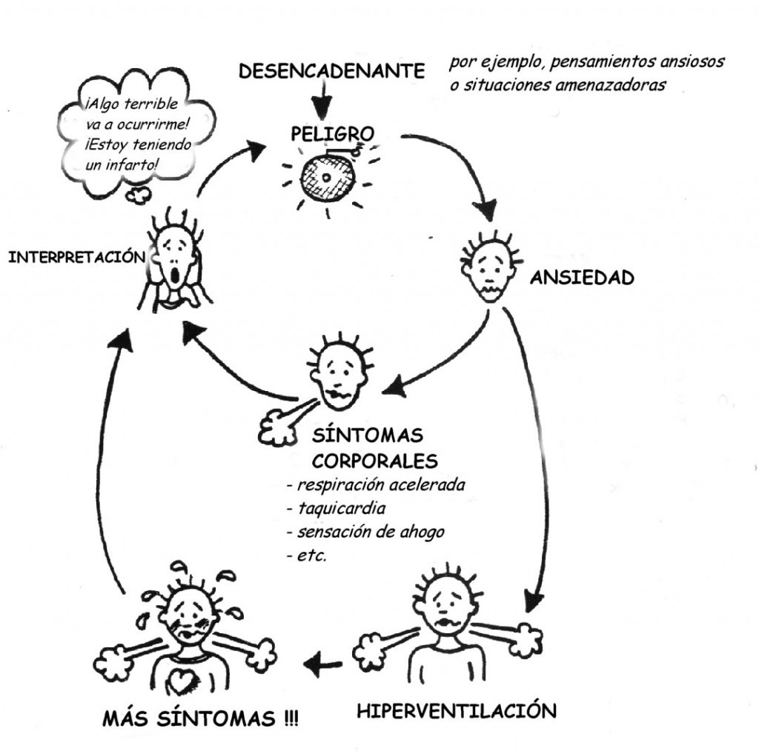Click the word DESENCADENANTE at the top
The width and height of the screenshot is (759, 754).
pos(332,71)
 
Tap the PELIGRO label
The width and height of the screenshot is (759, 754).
pos(331,135)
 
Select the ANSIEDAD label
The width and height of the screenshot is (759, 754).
pos(582,278)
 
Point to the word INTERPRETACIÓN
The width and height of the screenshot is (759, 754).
pos(74,257)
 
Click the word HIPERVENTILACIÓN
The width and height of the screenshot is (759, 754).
pos(456,711)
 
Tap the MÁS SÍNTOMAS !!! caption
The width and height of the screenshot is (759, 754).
pos(200,719)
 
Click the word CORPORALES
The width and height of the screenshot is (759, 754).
pos(374,461)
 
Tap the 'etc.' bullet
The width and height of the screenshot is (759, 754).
pos(311,555)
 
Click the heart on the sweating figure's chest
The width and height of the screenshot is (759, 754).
pos(180,677)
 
